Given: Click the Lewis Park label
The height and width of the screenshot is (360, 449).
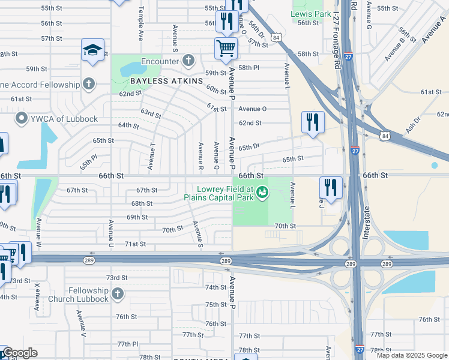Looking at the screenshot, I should (x=311, y=13).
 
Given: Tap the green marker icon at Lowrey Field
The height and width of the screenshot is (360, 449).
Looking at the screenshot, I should (x=261, y=192).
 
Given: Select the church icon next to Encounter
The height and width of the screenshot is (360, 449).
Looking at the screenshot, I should (x=188, y=61).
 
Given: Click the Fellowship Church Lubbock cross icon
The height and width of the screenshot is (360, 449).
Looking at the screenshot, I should (x=117, y=294).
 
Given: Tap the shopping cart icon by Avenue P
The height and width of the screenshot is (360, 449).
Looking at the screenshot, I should (x=226, y=48).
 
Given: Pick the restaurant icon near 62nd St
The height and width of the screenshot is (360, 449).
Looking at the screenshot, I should (x=312, y=122).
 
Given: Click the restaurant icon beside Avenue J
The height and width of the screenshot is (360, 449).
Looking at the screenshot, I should (x=331, y=187).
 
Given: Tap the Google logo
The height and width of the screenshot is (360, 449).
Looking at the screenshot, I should (x=20, y=353).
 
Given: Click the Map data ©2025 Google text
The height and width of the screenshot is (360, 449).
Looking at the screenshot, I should (x=412, y=355).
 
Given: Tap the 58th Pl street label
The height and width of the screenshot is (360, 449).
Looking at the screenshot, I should (x=248, y=68).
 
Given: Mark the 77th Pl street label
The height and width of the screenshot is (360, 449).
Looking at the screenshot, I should (x=127, y=344).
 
